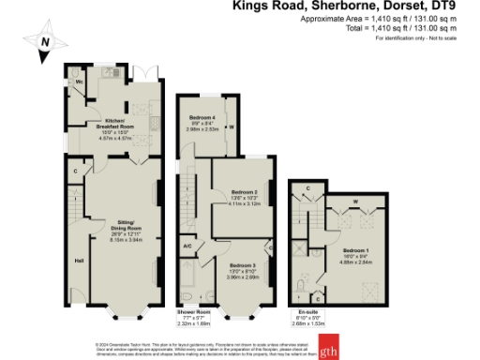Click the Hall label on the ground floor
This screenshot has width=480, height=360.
pos(80,260)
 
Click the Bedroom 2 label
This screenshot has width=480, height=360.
pos(245,192)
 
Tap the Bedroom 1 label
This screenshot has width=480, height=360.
pos(354,251)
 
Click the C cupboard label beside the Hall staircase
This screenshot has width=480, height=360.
pos(75,171)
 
